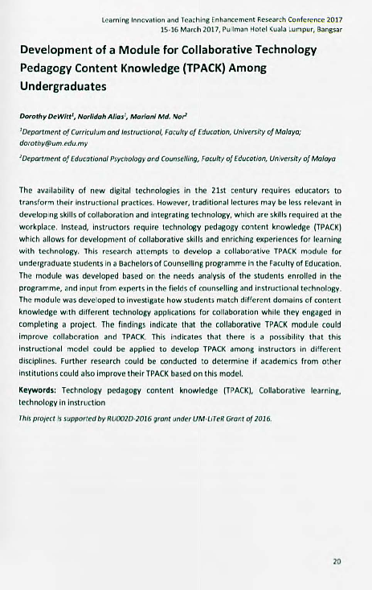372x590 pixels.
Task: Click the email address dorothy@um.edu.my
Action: tap(51, 138)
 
